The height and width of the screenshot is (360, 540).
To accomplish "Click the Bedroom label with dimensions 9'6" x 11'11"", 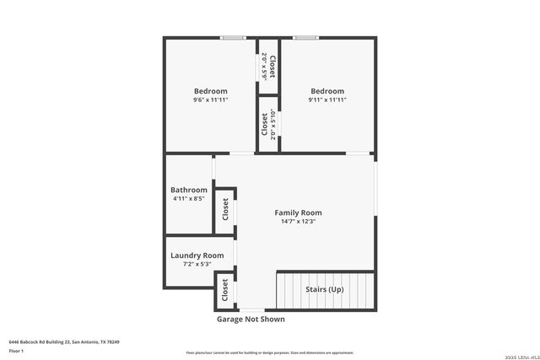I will tap(210, 91).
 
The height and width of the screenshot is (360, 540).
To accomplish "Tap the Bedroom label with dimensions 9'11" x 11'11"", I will tap(327, 91).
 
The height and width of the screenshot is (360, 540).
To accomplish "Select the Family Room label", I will tap(298, 212).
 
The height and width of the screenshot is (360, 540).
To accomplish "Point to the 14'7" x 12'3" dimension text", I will tap(298, 223).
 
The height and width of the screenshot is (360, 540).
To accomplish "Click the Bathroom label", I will tap(189, 190).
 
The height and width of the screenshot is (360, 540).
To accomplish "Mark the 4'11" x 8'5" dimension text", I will tap(189, 200).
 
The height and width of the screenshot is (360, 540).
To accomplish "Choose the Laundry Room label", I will tap(197, 255).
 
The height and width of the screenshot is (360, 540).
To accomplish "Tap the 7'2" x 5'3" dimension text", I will tap(197, 265).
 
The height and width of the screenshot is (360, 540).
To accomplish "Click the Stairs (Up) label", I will tap(324, 289).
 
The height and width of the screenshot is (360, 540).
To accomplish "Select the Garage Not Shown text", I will tap(251, 320).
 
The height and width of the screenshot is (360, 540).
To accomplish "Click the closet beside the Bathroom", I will tap(225, 210).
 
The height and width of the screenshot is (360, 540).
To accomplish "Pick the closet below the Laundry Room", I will tap(225, 291).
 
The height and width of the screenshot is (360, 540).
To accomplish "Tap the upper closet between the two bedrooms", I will tap(268, 67).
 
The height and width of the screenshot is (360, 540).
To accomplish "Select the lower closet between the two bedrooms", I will tap(268, 124).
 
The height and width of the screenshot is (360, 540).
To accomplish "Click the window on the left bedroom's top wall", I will tap(233, 37).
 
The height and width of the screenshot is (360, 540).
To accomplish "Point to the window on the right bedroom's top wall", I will tap(305, 37).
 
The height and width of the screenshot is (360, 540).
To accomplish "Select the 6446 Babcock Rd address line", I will tap(64, 341).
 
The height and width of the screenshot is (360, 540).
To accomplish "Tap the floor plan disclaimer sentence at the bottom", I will tap(270, 352).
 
